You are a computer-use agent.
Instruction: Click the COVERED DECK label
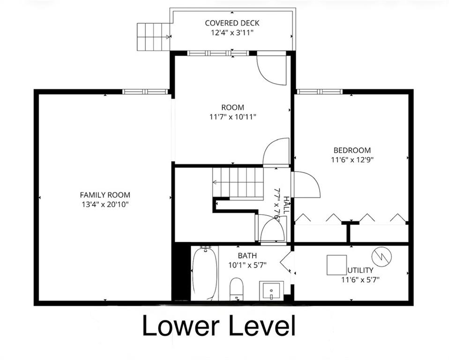(232, 23)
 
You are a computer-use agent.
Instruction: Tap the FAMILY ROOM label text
(105, 195)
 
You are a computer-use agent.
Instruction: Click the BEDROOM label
(352, 150)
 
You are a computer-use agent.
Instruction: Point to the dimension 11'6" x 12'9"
(352, 159)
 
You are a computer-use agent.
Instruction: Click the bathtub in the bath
(204, 273)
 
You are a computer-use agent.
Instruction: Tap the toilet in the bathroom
(237, 288)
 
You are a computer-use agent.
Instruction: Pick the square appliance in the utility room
(337, 265)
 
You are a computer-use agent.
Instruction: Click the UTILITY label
(360, 270)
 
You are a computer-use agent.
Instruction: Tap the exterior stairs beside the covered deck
(153, 37)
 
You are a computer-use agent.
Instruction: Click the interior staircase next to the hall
(237, 182)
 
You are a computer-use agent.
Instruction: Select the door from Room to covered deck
(273, 70)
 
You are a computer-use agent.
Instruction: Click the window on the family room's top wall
(145, 91)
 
